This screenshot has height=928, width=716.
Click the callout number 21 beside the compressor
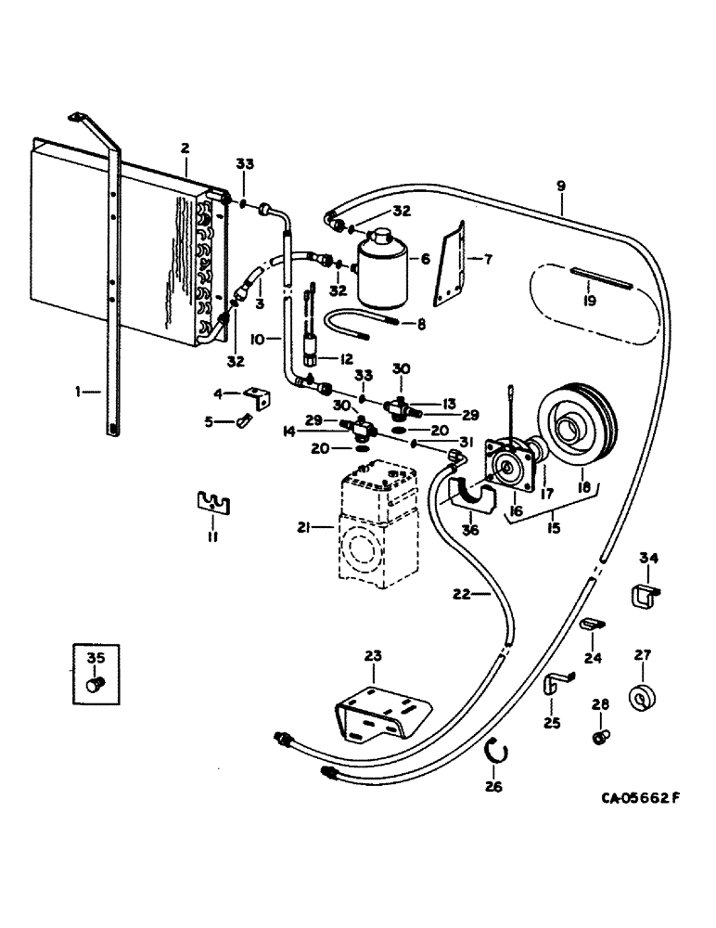click(302, 528)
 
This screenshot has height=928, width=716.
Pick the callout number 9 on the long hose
click(560, 185)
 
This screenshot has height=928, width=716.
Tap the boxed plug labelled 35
click(93, 684)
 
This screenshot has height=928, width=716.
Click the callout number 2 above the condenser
click(185, 148)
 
